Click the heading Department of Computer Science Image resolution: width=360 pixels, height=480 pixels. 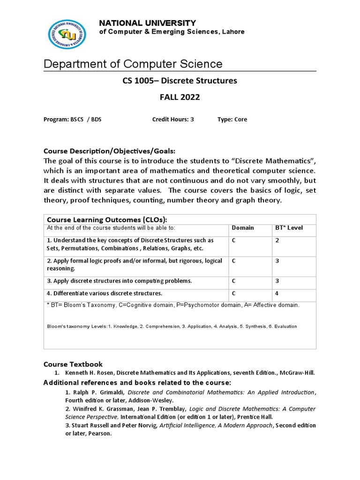133,64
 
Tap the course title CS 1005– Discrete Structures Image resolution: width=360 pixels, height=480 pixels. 180,81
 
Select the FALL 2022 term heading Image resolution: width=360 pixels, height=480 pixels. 180,97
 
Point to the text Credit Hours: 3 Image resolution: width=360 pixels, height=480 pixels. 173,120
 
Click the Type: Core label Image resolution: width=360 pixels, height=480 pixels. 232,120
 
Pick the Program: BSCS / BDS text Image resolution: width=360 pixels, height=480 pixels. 72,120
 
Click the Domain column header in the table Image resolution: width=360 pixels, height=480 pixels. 243,228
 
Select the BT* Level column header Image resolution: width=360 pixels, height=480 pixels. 289,228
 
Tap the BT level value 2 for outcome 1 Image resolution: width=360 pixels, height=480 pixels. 277,240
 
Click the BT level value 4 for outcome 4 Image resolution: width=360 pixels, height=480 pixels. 277,293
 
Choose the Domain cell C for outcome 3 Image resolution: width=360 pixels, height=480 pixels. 233,281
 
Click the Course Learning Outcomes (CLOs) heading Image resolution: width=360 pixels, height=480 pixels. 107,220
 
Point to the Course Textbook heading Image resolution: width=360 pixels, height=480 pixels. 73,364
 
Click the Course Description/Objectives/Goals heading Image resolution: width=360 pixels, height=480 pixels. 109,151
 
